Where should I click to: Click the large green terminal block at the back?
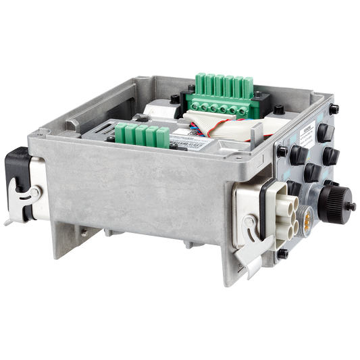pos(225,95)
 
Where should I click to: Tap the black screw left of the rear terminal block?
pos(176,99)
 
